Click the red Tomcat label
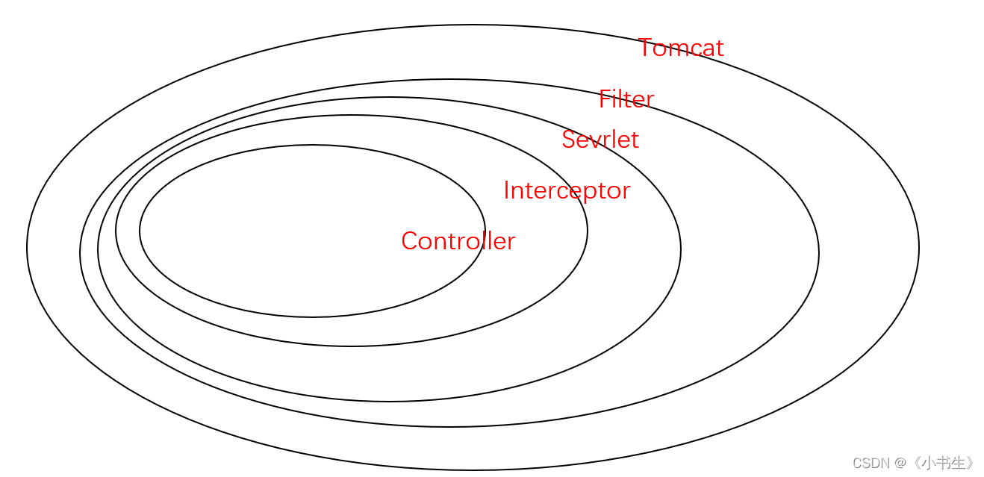coord(681,49)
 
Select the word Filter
coord(626,99)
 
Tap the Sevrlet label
coord(600,140)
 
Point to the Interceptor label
coord(567,190)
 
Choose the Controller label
coord(458,241)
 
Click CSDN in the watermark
coord(871,463)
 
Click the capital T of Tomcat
coord(647,49)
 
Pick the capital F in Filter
coord(604,99)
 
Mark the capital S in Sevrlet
coord(569,140)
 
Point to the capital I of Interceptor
coord(506,190)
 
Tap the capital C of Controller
coord(409,241)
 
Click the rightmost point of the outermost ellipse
coord(919,248)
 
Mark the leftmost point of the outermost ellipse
coord(27,248)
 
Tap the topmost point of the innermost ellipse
coord(312,145)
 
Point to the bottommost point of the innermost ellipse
coord(312,317)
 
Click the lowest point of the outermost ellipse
coord(473,470)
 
